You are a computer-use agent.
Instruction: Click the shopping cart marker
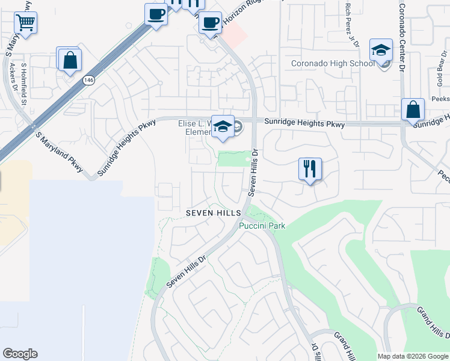click(25, 23)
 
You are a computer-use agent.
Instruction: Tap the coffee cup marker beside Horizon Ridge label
click(210, 23)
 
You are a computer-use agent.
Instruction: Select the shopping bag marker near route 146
click(70, 60)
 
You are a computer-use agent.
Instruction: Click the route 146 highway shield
click(89, 79)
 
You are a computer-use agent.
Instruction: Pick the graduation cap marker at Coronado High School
click(381, 51)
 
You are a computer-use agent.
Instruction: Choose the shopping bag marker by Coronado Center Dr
click(413, 110)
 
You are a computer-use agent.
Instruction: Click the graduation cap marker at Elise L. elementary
click(223, 126)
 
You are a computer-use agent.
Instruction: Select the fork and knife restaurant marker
click(310, 169)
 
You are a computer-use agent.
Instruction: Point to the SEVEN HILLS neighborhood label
click(213, 213)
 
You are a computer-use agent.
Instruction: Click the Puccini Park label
click(262, 226)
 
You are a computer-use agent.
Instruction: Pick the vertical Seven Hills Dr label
click(254, 174)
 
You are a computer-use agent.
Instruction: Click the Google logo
click(20, 354)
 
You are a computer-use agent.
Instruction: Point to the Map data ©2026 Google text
click(412, 356)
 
